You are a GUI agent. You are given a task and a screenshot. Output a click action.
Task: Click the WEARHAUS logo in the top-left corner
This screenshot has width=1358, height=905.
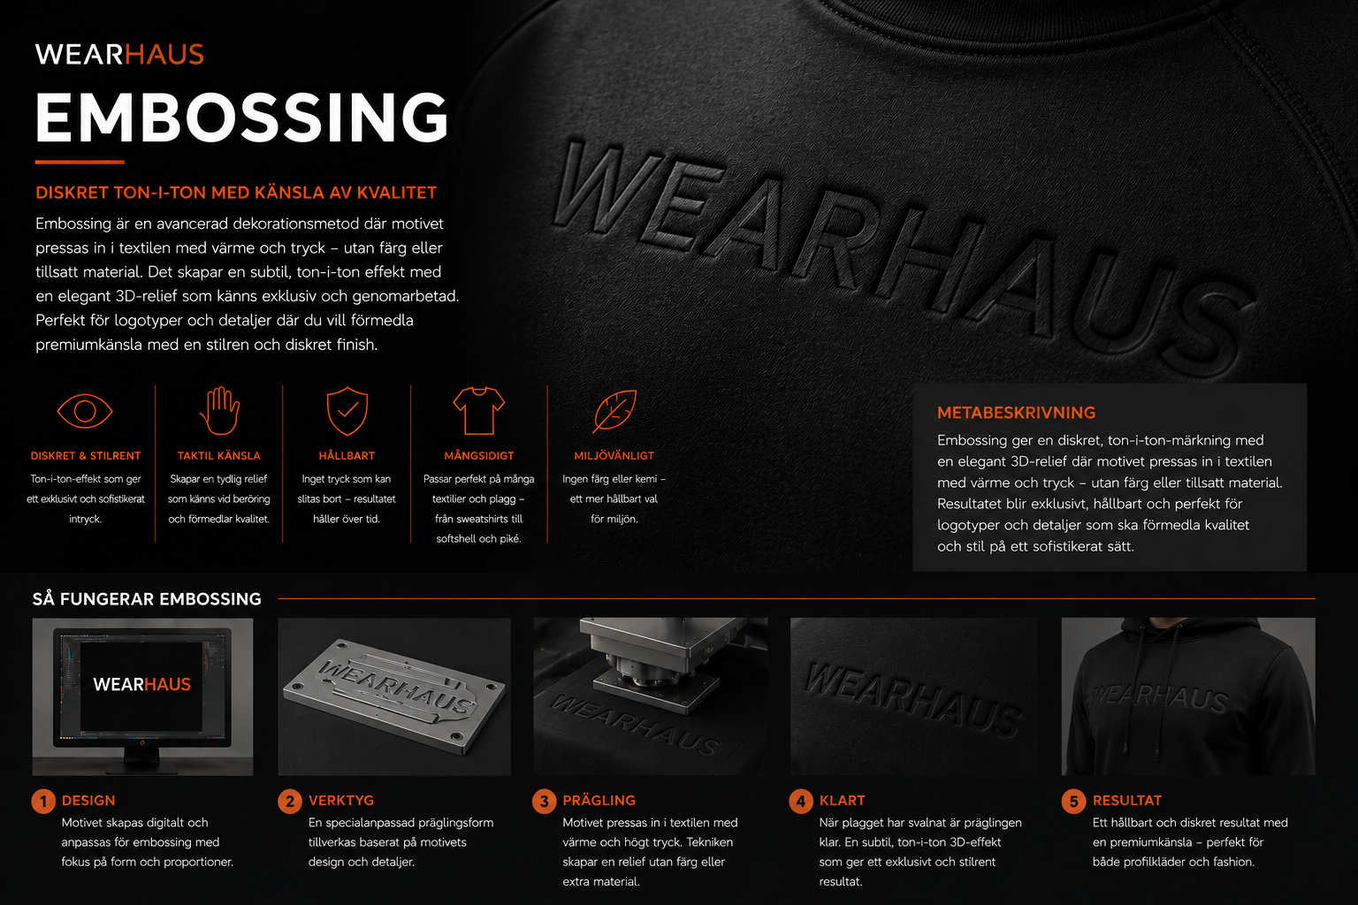point(119,55)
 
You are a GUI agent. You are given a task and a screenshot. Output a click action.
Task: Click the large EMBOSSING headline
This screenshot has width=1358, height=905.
point(242,118)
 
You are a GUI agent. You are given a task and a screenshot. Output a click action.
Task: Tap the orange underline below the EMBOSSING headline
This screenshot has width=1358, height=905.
point(80,162)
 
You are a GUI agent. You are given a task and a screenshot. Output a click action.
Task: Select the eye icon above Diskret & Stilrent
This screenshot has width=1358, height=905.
point(85,411)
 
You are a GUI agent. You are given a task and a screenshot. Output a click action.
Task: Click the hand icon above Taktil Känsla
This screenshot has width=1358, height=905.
point(219,410)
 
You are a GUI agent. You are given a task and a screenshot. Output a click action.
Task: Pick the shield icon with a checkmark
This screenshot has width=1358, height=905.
point(347,411)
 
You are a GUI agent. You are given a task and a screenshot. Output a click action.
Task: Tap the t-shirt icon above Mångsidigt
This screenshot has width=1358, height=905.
point(479,410)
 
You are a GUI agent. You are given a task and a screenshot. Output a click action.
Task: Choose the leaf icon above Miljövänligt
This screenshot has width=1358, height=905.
point(614,411)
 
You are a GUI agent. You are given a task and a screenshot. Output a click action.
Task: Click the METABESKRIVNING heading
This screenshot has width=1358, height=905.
point(1016,413)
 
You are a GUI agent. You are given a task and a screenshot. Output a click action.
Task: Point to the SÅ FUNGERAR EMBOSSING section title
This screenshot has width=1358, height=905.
point(147,599)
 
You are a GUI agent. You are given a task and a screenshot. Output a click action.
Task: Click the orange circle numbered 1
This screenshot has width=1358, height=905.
point(43,802)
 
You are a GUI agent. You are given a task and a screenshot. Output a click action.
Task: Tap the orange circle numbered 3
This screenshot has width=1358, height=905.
point(544,802)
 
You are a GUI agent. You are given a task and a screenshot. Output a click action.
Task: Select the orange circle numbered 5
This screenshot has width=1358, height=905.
point(1073,802)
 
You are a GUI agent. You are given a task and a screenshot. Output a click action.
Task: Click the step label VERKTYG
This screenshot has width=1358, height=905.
point(340,800)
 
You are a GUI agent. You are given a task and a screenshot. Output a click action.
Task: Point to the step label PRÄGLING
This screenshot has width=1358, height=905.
point(599,800)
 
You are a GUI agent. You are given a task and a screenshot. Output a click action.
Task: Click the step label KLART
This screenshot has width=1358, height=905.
point(842,800)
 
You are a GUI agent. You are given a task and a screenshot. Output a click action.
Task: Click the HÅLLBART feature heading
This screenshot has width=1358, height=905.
point(347,456)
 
